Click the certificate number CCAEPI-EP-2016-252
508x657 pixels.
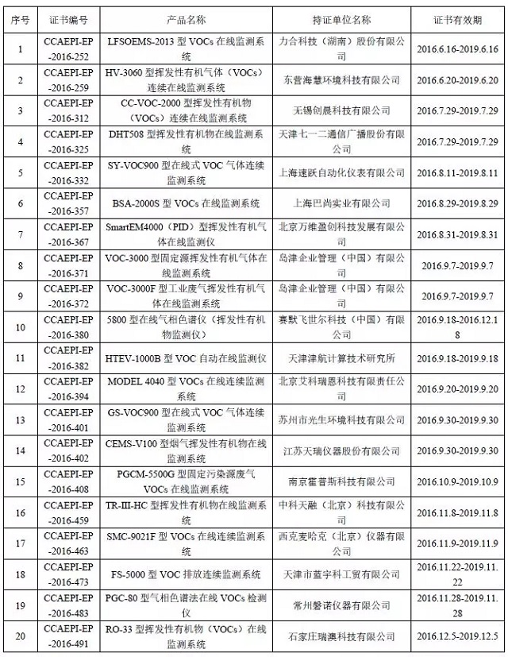click(x=71, y=48)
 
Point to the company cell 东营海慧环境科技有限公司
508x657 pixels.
click(x=342, y=80)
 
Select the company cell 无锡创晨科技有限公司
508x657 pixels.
click(x=342, y=110)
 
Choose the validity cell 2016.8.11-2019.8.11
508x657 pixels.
click(x=456, y=172)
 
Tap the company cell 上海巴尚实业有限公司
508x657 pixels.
click(x=342, y=203)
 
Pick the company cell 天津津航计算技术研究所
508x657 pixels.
click(x=342, y=358)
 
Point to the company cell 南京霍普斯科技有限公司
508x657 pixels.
click(x=342, y=481)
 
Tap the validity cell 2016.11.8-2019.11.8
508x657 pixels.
click(x=456, y=512)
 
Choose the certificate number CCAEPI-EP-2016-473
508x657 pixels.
click(x=71, y=574)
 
